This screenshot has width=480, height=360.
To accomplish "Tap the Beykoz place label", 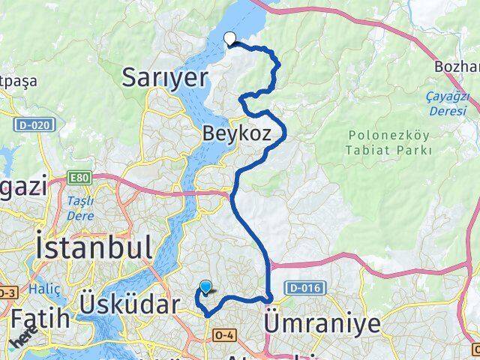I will [x=241, y=133].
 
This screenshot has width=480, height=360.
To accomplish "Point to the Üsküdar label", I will [x=130, y=304].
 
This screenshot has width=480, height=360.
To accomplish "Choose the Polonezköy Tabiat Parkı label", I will [x=390, y=142].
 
